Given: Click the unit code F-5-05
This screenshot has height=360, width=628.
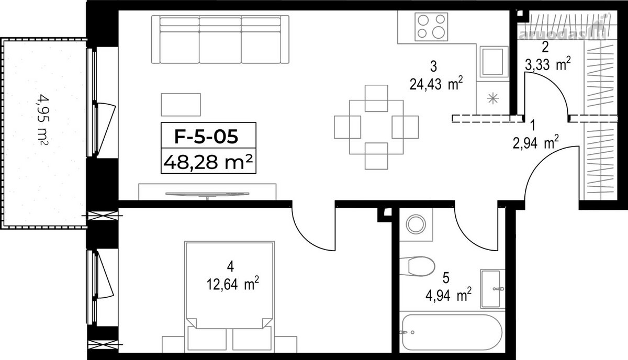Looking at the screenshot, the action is click(x=206, y=137).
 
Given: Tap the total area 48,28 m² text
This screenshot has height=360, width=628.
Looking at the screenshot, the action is click(x=208, y=162).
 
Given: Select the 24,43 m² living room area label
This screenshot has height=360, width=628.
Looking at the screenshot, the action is click(x=436, y=84).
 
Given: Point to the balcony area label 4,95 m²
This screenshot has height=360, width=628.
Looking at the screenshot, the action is click(x=43, y=120).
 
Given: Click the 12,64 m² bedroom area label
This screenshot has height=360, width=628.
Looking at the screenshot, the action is click(x=233, y=284).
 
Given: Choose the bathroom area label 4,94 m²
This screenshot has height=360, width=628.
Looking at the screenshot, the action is click(x=448, y=295).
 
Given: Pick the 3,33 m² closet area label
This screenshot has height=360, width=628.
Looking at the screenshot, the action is click(x=547, y=65).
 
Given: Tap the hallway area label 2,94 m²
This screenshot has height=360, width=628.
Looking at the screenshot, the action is click(x=535, y=143).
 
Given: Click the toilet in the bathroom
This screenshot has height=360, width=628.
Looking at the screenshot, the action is click(x=418, y=266).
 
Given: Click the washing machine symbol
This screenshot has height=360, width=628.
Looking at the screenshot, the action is click(x=417, y=224).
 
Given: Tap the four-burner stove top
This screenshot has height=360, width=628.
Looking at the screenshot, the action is click(x=431, y=27).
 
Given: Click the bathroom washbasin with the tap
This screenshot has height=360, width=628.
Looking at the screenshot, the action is click(x=492, y=289).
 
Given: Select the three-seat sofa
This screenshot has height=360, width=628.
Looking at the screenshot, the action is click(x=220, y=39).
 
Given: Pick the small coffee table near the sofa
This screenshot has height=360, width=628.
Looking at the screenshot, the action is click(x=181, y=105).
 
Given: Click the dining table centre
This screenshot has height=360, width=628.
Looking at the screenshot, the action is click(x=376, y=127).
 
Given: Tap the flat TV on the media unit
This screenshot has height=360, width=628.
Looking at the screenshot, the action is click(x=207, y=194).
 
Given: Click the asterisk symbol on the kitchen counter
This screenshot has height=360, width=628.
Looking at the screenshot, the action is click(x=492, y=98).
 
